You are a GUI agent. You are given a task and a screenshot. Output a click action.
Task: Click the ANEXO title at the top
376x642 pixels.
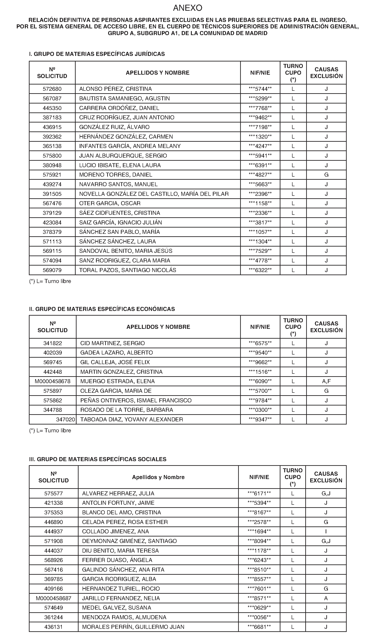point(188,8)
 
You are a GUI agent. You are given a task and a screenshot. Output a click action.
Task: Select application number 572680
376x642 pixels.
point(52,89)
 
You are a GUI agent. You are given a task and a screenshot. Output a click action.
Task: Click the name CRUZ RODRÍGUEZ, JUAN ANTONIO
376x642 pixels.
point(126,117)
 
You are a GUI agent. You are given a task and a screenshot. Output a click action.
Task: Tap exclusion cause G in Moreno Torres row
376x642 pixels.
point(326,175)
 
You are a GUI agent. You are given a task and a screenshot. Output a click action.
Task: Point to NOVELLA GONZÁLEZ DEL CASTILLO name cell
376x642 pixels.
point(154,194)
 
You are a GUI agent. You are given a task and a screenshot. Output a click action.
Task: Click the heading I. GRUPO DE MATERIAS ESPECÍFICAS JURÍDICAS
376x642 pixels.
point(97,54)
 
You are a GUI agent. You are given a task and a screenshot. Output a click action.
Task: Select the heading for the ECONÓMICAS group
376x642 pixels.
point(102,309)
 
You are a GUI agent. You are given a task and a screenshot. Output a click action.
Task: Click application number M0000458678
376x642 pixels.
point(53,381)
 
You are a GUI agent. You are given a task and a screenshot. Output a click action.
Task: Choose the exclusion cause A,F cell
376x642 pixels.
point(326,381)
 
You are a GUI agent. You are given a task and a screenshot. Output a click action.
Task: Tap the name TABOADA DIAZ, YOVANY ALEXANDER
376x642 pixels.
point(131,420)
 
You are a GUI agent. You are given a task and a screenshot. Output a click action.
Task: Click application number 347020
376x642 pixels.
point(65,420)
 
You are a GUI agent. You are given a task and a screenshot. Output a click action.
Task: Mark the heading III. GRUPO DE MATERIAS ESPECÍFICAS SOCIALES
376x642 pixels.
point(98,459)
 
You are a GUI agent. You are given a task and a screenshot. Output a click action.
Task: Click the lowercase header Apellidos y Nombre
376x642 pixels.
point(158,477)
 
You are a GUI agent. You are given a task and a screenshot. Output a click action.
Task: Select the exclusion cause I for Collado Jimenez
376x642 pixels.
point(326,531)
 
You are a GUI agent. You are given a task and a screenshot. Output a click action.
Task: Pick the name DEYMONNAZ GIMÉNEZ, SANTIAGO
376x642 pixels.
point(129,541)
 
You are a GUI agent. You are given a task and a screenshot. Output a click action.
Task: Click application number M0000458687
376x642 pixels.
point(53,598)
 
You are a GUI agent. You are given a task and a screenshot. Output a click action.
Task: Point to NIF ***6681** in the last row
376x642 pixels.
point(259,627)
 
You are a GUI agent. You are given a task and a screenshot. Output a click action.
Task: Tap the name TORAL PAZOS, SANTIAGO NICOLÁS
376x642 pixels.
point(128,270)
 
